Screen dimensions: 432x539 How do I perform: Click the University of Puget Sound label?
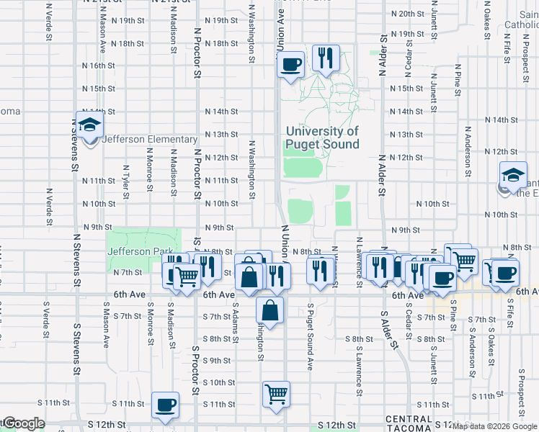click(322, 138)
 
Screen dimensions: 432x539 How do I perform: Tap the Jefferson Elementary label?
click(150, 139)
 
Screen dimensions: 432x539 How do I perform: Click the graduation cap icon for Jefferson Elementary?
click(90, 127)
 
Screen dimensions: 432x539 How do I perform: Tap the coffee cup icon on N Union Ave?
click(291, 65)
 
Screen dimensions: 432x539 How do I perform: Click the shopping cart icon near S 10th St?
click(276, 394)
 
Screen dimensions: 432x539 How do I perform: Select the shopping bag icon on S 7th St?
click(269, 310)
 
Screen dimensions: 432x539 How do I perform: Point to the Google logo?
click(23, 423)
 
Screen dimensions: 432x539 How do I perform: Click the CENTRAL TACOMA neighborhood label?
click(409, 423)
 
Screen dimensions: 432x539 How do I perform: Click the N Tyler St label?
click(125, 181)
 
